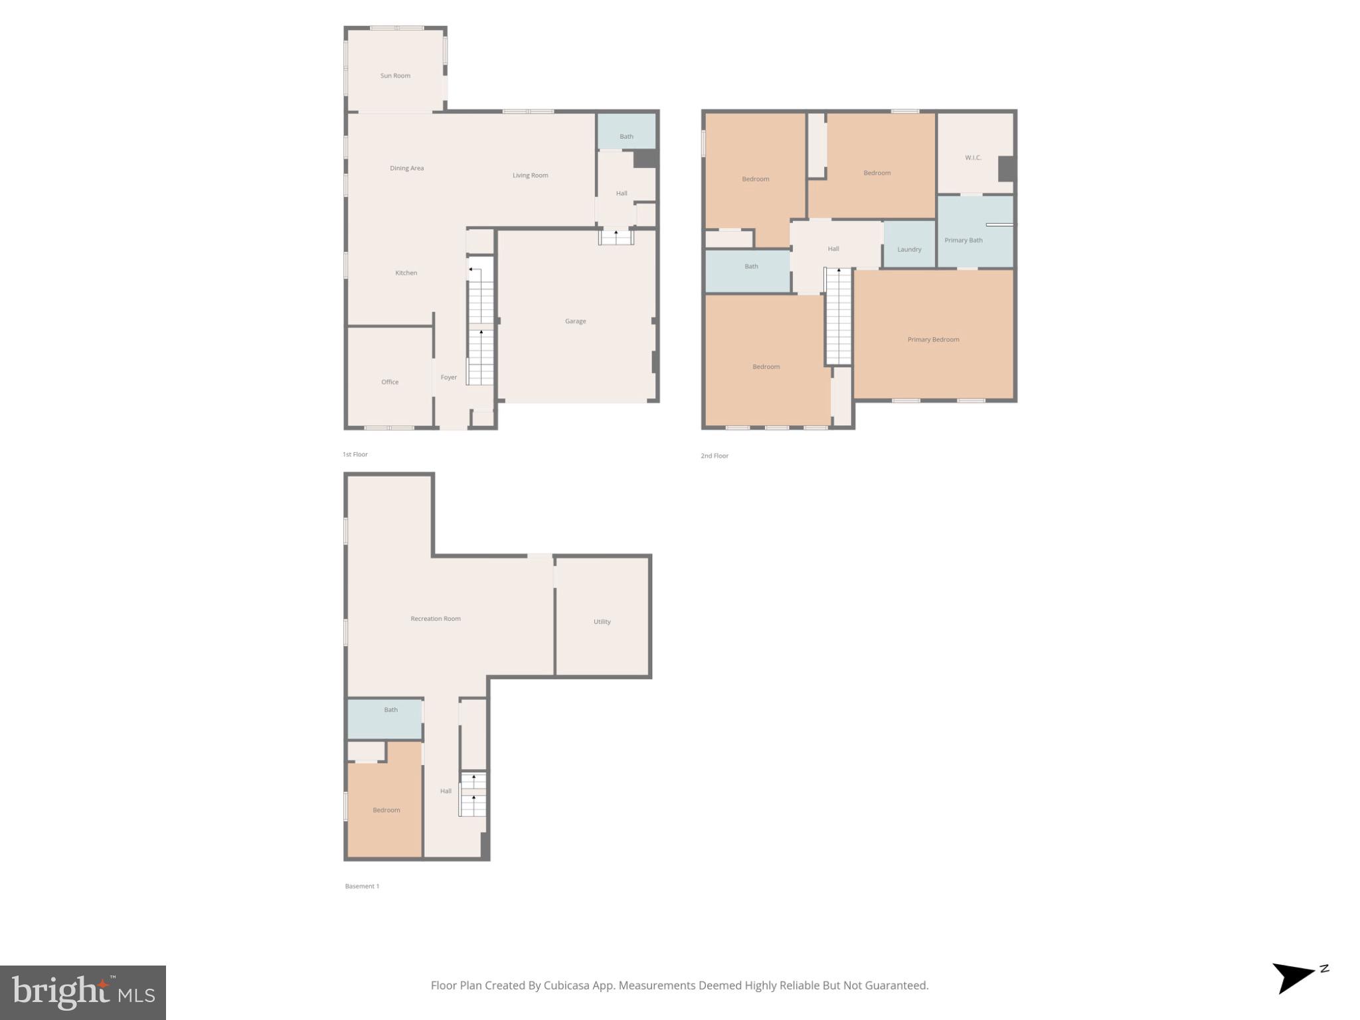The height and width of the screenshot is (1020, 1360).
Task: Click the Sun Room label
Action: (x=395, y=76)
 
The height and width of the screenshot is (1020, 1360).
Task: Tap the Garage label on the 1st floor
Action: (x=575, y=321)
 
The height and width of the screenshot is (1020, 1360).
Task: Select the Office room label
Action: (x=390, y=382)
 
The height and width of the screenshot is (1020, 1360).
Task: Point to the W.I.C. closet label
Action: (x=973, y=158)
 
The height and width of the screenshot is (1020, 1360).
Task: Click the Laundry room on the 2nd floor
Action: (x=909, y=250)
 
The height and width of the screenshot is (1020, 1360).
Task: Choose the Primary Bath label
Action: (x=963, y=240)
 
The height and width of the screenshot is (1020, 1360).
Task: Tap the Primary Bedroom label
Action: (x=933, y=339)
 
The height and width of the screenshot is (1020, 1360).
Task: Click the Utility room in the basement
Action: (x=602, y=622)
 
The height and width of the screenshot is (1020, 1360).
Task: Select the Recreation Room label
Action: (x=436, y=619)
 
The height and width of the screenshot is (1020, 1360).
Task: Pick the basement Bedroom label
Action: (x=386, y=810)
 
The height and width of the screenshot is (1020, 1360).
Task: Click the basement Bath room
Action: (x=390, y=710)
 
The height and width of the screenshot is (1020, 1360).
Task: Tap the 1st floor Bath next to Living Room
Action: (x=626, y=137)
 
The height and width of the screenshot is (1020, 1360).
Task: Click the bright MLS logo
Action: (x=83, y=992)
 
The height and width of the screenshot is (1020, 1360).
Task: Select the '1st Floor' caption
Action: (x=355, y=455)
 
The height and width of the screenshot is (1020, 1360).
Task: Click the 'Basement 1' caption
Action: (x=362, y=887)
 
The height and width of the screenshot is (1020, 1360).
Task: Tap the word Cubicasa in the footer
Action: (x=568, y=985)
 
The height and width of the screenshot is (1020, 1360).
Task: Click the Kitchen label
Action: (x=406, y=273)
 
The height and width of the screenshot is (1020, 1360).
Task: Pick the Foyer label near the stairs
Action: (x=449, y=377)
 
